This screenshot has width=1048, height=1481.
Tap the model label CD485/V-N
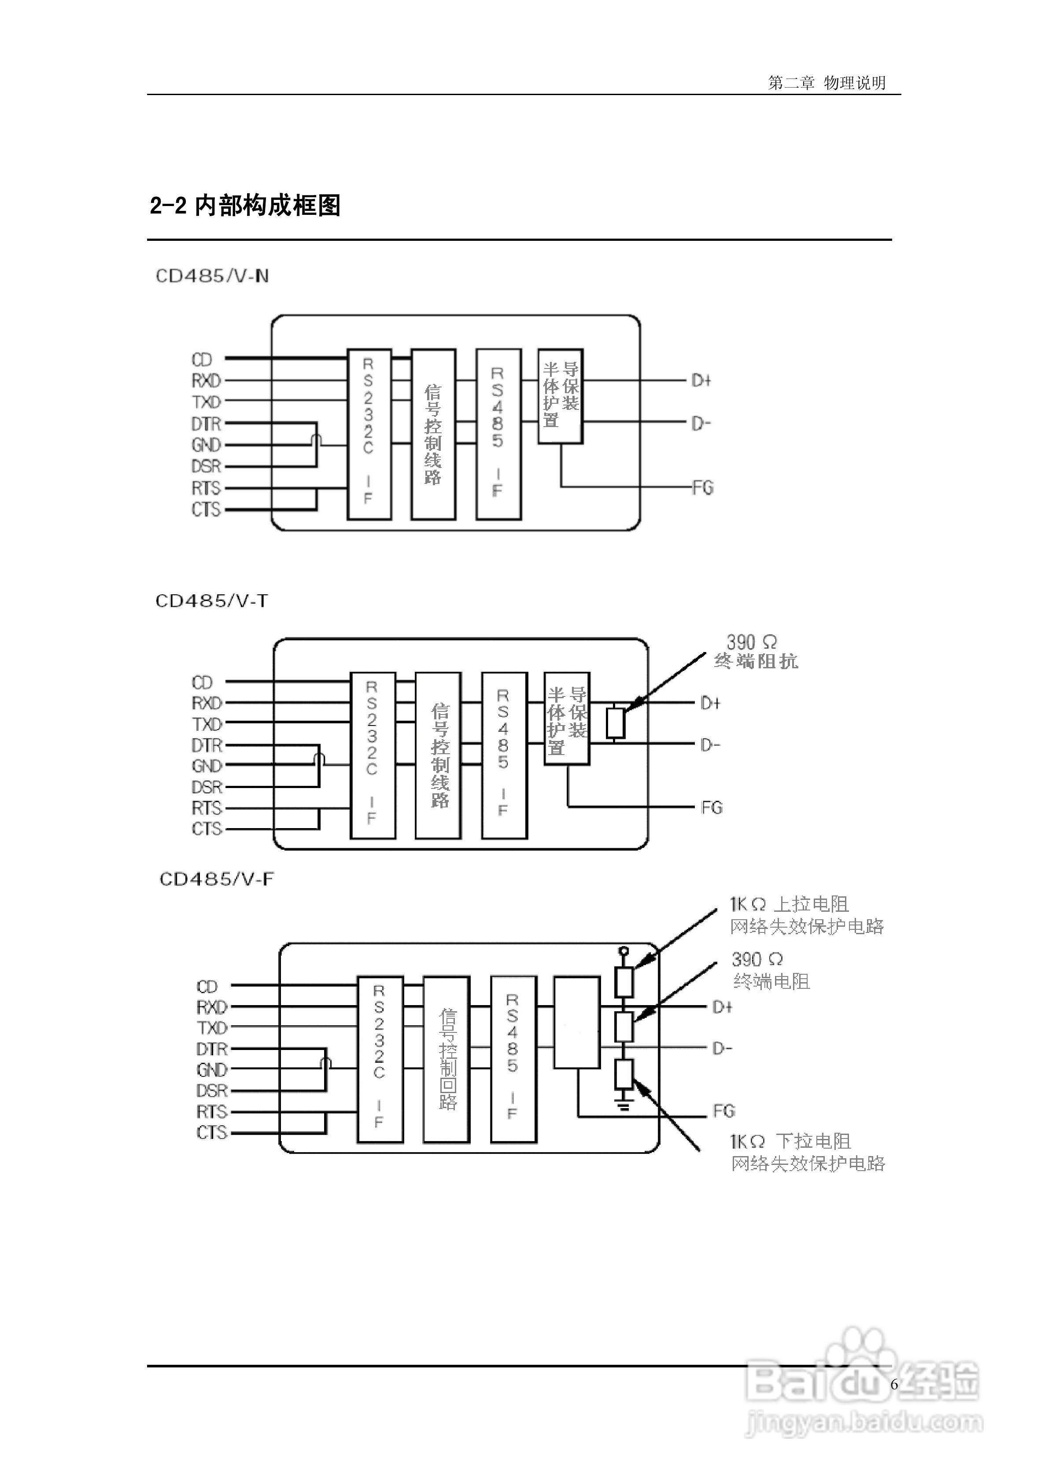point(212,276)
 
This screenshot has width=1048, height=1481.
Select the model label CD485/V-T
point(212,601)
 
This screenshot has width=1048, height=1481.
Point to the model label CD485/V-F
point(217,880)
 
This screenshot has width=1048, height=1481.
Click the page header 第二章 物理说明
point(827,83)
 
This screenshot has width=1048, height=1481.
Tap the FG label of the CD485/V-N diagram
point(703,488)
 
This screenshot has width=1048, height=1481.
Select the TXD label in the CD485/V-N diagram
point(207,402)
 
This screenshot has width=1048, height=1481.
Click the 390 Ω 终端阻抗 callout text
point(756,652)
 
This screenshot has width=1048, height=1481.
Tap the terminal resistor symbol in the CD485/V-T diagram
point(616,723)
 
